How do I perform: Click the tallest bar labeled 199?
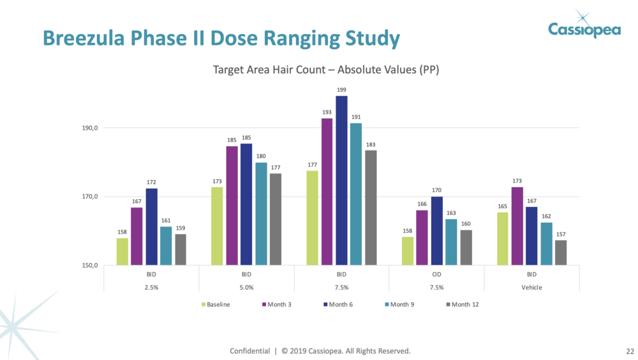coord(341,180)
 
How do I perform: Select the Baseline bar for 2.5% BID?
coord(122,251)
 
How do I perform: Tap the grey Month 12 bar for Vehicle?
coord(561,253)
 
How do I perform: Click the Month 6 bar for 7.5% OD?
coord(436,230)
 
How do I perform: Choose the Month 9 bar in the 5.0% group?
coord(261,214)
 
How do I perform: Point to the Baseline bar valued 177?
coord(312,218)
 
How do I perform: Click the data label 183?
coord(371,145)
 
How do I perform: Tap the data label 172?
coord(151,183)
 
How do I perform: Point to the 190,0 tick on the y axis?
coord(89,128)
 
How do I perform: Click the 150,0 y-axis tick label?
coord(89,266)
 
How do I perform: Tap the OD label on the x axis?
coord(436,274)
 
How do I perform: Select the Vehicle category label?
coord(531,288)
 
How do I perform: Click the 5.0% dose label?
coord(246,288)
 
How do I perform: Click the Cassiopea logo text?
coord(584,29)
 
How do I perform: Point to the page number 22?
coord(630,352)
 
